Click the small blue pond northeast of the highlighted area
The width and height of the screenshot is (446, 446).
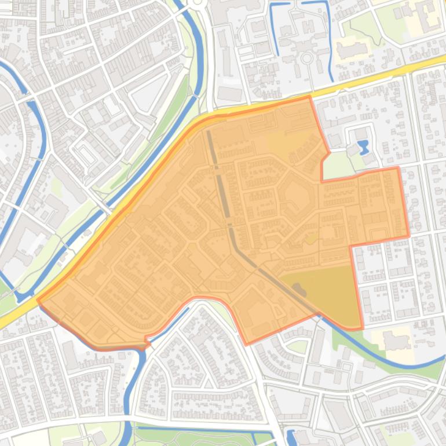pyautogui.click(x=363, y=147)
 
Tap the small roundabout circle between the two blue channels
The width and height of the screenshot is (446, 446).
pyautogui.click(x=306, y=59)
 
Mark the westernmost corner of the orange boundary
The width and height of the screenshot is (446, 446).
pyautogui.click(x=38, y=300)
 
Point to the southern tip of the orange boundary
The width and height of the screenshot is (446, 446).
pyautogui.click(x=247, y=344)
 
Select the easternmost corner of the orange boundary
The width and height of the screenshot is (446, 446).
pyautogui.click(x=409, y=236)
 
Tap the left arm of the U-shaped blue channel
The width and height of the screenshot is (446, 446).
pyautogui.click(x=273, y=29)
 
